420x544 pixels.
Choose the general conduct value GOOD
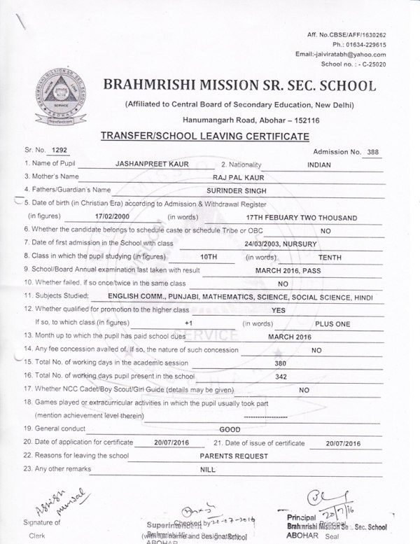[x=230, y=429]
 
